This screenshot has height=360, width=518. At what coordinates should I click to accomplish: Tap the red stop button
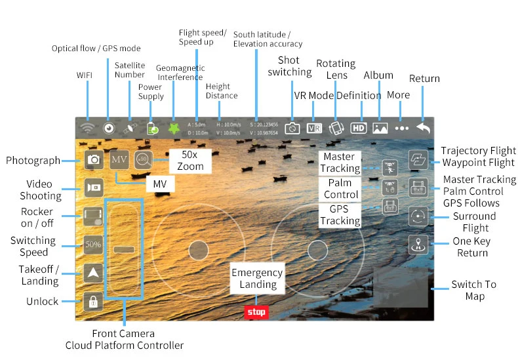pyautogui.click(x=256, y=312)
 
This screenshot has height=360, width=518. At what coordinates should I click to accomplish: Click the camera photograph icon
pyautogui.click(x=93, y=159)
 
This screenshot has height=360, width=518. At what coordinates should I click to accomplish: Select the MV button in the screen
pyautogui.click(x=119, y=159)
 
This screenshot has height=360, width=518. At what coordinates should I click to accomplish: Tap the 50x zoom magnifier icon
pyautogui.click(x=143, y=159)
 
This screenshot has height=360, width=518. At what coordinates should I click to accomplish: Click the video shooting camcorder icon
pyautogui.click(x=93, y=188)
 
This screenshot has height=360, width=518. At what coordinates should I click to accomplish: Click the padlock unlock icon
pyautogui.click(x=93, y=301)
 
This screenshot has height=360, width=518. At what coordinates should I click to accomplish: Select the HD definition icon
pyautogui.click(x=358, y=128)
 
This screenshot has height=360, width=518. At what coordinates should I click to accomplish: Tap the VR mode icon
pyautogui.click(x=314, y=128)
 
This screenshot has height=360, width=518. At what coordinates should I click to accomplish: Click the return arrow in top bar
pyautogui.click(x=424, y=128)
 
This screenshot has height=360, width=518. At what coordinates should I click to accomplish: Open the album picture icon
pyautogui.click(x=380, y=128)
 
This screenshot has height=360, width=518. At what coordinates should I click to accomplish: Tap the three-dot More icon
pyautogui.click(x=402, y=129)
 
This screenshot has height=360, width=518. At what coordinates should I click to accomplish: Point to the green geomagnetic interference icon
pyautogui.click(x=174, y=128)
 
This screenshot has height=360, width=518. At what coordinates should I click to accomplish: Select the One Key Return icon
pyautogui.click(x=418, y=244)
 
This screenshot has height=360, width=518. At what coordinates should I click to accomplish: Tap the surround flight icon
pyautogui.click(x=418, y=216)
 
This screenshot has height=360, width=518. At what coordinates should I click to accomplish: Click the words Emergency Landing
pyautogui.click(x=257, y=278)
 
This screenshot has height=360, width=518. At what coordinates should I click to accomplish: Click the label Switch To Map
pyautogui.click(x=473, y=290)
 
